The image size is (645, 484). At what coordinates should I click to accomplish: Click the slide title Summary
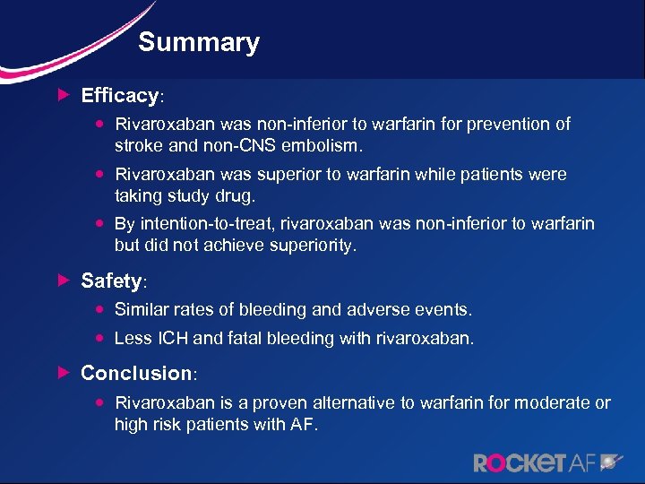point(199,42)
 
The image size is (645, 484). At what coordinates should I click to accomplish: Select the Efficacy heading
point(120,95)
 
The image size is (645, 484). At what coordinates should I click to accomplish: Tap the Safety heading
point(111,281)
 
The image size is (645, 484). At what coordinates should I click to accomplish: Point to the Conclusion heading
point(137,372)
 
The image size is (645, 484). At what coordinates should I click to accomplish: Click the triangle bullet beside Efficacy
point(62,94)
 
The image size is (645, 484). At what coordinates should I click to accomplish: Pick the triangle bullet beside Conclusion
point(62,371)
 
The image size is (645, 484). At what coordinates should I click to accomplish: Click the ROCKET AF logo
point(546,462)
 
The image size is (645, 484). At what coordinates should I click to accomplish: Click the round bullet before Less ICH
point(101,338)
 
